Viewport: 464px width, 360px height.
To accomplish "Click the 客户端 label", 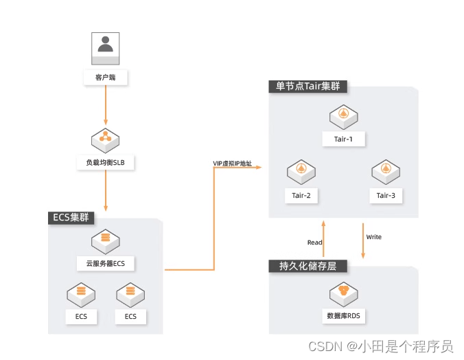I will tap(106, 78).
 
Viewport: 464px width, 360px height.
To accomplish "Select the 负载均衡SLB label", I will tap(106, 163).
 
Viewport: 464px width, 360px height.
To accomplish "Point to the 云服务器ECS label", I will tap(106, 263).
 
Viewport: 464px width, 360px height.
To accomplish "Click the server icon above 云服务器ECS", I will tap(106, 240).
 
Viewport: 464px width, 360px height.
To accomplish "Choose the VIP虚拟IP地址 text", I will tap(232, 164).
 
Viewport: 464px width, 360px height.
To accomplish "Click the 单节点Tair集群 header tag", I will tap(308, 87).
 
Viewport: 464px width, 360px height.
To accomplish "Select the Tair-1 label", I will tap(343, 139).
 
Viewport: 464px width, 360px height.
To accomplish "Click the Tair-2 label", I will tap(301, 195).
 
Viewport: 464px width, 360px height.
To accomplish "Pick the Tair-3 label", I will tap(386, 195).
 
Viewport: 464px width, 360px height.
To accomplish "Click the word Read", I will tap(314, 242).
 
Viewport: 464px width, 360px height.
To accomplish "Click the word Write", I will tap(374, 237).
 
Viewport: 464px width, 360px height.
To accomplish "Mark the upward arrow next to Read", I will tap(323, 238).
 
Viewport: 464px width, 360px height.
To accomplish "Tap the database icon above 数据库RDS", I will tap(343, 293).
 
